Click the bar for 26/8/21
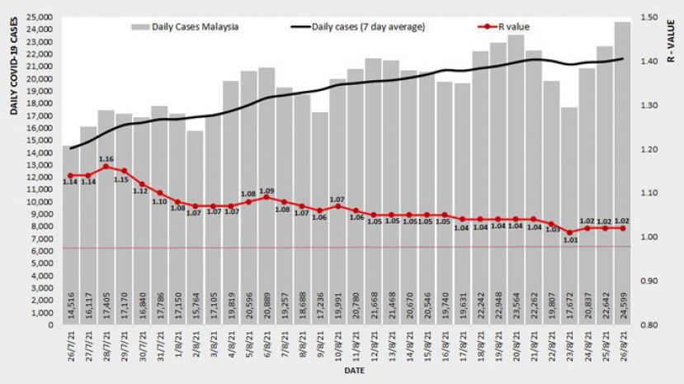[622, 173]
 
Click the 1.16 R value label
[106, 159]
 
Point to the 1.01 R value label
[569, 241]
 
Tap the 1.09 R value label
[267, 190]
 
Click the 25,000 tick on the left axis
[40, 17]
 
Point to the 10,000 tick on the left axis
[40, 201]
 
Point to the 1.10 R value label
[159, 201]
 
